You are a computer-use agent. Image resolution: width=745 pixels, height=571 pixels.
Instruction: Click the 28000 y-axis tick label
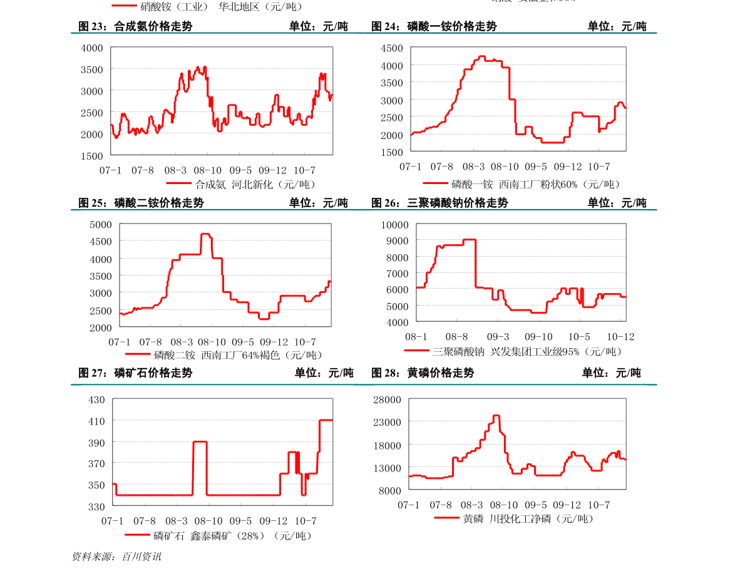(x=387, y=399)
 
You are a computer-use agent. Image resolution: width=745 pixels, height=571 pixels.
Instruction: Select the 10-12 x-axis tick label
(x=621, y=337)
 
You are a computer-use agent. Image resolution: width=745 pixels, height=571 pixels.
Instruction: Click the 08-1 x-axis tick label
(x=416, y=337)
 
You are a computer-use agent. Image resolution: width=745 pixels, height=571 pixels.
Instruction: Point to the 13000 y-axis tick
(x=387, y=468)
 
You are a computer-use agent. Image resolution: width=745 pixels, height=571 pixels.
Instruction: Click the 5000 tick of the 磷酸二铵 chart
(x=101, y=225)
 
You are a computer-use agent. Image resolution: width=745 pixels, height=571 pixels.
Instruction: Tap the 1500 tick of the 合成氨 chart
(x=92, y=156)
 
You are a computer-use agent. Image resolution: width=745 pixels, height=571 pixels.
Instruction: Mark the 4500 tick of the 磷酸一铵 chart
(x=391, y=48)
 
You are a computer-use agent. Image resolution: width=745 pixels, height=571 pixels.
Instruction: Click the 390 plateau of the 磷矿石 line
(x=200, y=441)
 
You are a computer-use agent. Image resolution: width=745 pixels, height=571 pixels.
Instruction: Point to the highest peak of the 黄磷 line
(x=496, y=415)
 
